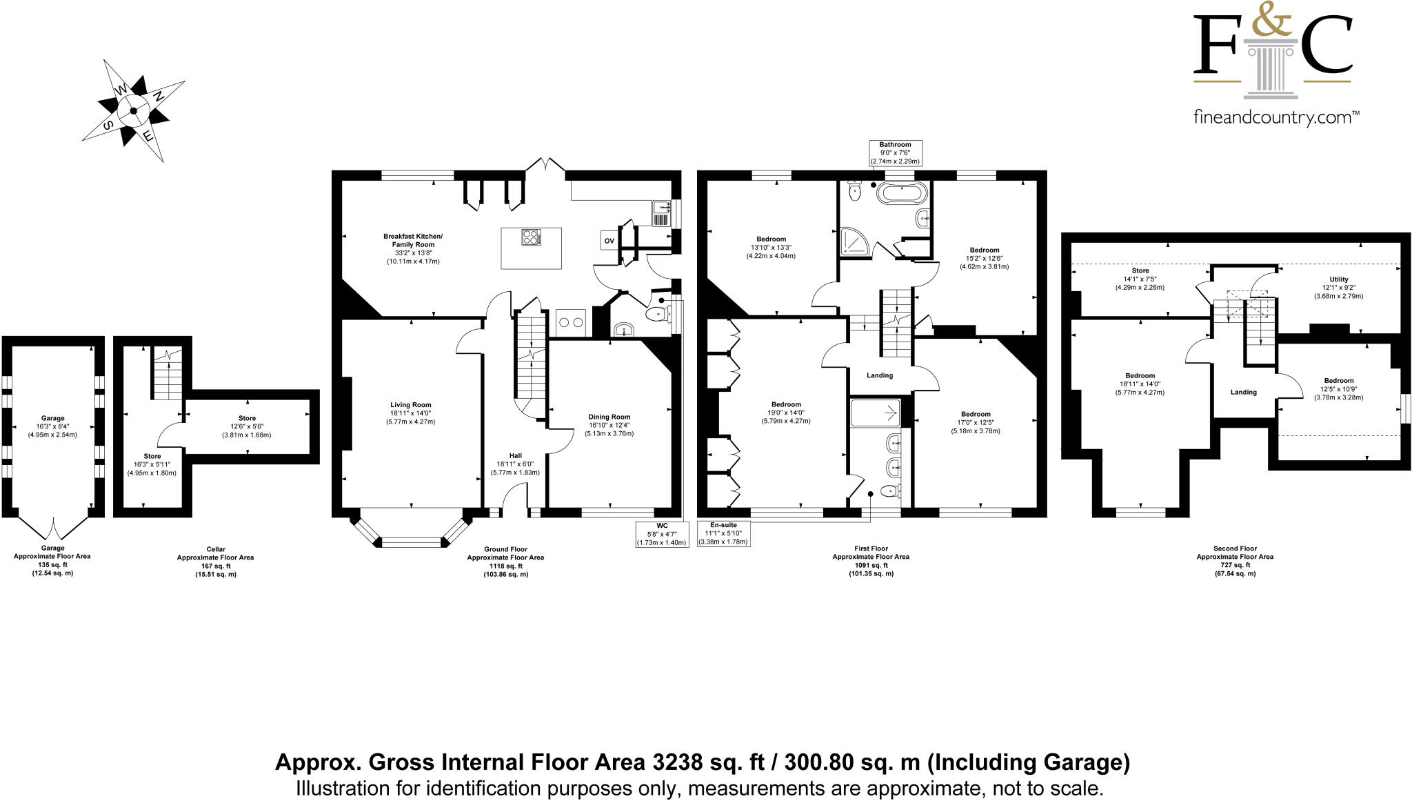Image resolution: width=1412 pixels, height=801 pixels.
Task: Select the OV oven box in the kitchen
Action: pyautogui.click(x=609, y=241)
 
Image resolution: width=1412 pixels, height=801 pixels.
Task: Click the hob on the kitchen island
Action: pyautogui.click(x=532, y=237)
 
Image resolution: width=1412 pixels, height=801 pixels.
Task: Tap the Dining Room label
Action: pyautogui.click(x=609, y=417)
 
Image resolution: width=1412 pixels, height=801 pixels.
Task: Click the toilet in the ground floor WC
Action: pyautogui.click(x=658, y=315)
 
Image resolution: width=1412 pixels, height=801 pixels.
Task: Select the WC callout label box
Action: pyautogui.click(x=663, y=534)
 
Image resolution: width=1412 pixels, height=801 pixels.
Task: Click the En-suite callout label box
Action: pyautogui.click(x=723, y=533)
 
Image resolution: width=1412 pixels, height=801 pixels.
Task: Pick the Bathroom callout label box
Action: pyautogui.click(x=895, y=152)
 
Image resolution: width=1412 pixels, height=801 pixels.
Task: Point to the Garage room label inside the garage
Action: pyautogui.click(x=52, y=418)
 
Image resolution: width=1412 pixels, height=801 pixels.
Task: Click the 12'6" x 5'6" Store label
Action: pyautogui.click(x=247, y=418)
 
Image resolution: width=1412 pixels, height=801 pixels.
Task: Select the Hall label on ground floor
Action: pyautogui.click(x=515, y=455)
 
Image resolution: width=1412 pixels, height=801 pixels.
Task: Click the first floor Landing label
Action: pyautogui.click(x=879, y=375)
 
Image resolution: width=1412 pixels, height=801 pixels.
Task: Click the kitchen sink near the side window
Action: pyautogui.click(x=660, y=213)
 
